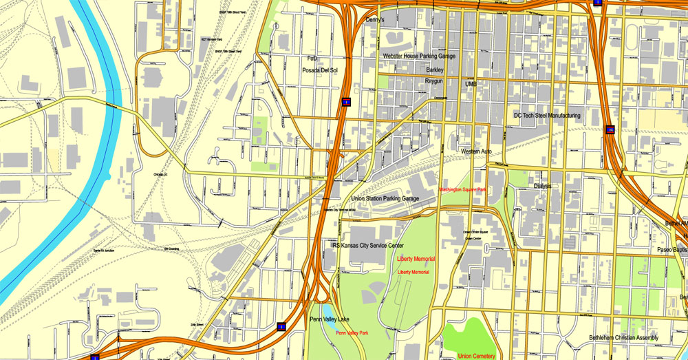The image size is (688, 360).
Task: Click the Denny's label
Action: (374, 21)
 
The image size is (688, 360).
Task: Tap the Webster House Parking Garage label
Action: (420, 56)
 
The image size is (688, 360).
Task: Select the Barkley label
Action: (435, 70)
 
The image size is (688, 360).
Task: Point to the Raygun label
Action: (433, 81)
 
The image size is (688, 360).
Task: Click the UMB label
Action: (471, 84)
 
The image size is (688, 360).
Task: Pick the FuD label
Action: (312, 59)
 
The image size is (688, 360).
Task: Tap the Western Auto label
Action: (476, 151)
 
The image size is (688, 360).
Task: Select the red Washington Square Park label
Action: (463, 189)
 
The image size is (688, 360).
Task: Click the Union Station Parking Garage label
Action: (385, 198)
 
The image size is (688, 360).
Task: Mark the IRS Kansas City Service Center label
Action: (367, 245)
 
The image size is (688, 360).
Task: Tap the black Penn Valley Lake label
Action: (334, 319)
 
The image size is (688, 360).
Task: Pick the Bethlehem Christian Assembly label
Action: (624, 338)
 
